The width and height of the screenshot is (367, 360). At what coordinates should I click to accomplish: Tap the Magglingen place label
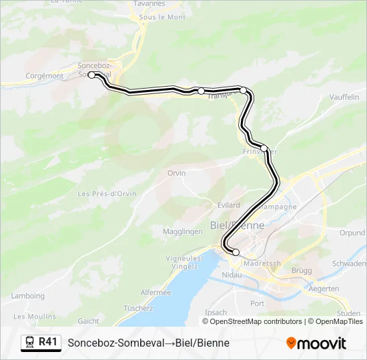coord(182,231)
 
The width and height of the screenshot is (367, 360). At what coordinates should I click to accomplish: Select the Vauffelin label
coord(344,97)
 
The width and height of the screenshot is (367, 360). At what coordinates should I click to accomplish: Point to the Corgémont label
coord(44,76)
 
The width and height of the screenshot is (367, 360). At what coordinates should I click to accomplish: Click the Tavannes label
coord(149,3)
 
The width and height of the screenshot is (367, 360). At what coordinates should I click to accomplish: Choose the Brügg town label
coord(302,271)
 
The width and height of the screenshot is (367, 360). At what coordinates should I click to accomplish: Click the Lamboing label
coord(28,296)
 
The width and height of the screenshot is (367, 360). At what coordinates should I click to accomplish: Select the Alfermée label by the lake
coord(155,292)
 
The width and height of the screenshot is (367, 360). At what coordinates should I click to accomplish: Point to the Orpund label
coord(352,233)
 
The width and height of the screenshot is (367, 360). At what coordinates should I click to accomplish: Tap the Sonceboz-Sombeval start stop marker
coord(92,75)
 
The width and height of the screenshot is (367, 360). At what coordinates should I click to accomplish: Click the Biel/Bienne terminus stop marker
coord(236,252)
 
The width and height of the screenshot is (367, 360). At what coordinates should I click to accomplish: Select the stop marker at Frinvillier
coord(264,148)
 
